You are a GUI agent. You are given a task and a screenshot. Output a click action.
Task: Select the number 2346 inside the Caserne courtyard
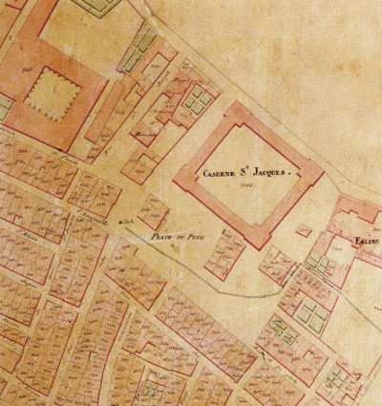pos(244,186)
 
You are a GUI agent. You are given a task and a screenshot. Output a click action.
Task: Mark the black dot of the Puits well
pos(120,222)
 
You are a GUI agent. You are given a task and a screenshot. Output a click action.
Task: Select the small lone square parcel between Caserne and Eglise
pos(304,230)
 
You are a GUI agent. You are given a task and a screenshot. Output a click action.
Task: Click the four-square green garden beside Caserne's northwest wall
pos(200,98)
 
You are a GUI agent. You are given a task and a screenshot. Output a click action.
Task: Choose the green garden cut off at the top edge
pos(91,6)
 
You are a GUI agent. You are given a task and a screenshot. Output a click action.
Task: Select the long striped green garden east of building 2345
pos(145,42)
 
